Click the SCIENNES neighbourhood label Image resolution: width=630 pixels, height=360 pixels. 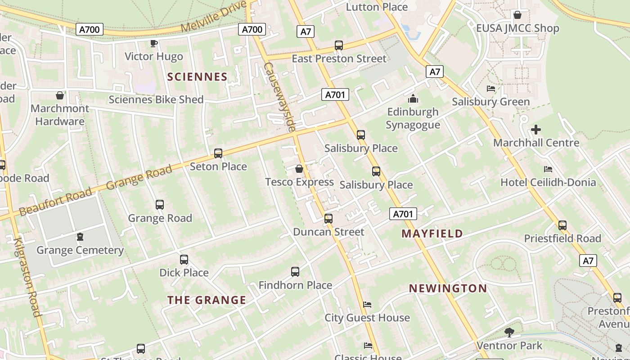(197, 77)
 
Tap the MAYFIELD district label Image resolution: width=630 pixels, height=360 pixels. (432, 234)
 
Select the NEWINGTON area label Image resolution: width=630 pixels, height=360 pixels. (448, 288)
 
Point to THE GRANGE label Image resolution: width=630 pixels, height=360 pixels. (207, 300)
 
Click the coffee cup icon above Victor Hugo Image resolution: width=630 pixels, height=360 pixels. (153, 43)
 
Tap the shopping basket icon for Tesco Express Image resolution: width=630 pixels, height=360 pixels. (299, 169)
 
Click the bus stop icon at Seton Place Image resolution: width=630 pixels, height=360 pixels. (218, 153)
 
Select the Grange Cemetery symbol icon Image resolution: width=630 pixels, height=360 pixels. (80, 236)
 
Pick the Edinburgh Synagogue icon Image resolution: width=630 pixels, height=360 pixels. (413, 99)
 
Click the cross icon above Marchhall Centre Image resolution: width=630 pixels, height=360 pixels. (536, 130)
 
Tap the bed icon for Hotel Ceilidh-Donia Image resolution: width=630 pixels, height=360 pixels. (548, 169)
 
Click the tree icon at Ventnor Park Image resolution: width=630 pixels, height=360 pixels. (509, 333)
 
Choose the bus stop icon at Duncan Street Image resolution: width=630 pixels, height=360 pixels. (328, 219)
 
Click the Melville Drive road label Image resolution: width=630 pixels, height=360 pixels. (214, 17)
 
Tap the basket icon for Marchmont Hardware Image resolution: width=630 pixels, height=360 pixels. (60, 95)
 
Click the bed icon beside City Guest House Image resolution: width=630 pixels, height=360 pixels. (367, 305)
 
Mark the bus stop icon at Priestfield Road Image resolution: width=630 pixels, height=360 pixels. (562, 225)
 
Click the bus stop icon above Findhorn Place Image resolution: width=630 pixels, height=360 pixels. (295, 272)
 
